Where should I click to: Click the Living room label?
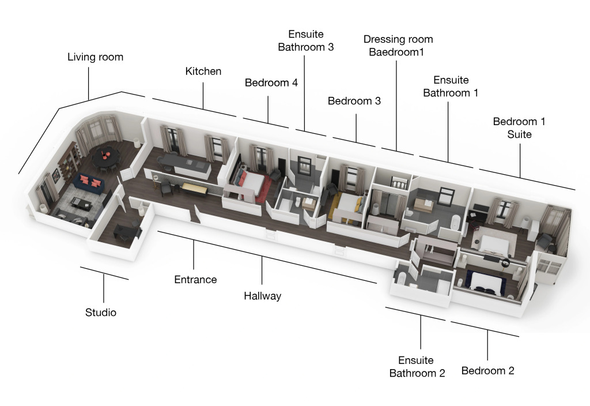95,57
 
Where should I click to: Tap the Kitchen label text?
203,72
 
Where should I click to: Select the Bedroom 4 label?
271,83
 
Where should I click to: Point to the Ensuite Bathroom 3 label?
305,40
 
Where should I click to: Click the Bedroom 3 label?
354,101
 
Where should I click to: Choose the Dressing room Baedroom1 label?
398,46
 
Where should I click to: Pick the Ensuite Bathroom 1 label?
451,86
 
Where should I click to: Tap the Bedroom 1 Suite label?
519,127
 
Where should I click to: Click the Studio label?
101,313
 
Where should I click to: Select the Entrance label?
195,280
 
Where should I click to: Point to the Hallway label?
262,296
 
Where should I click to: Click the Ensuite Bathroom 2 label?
417,367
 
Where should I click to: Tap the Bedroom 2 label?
487,371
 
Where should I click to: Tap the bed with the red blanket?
252,183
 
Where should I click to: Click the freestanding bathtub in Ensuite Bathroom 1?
456,221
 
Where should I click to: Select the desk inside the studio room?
127,231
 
